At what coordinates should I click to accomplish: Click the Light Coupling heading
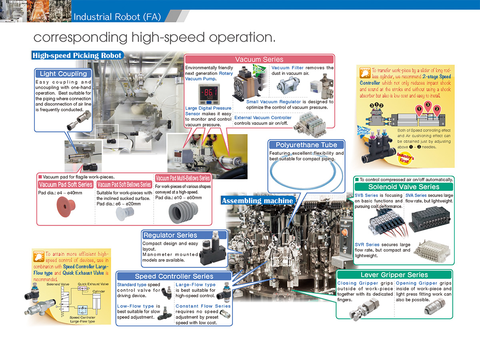tap(63, 74)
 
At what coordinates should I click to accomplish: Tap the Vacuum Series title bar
tap(259, 59)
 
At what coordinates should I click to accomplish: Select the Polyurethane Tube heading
tap(306, 145)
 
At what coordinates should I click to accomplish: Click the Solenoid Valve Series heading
tap(404, 187)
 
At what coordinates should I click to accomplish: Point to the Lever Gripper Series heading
tap(394, 275)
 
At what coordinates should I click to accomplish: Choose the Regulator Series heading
tap(170, 235)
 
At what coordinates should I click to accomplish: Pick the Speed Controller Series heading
tap(174, 276)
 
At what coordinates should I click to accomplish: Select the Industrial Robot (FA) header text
tap(117, 17)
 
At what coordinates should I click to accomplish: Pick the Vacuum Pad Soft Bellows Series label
tap(124, 184)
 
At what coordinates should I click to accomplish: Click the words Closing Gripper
tap(352, 283)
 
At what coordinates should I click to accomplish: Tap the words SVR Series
tap(367, 244)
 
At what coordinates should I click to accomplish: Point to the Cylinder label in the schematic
tap(99, 291)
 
